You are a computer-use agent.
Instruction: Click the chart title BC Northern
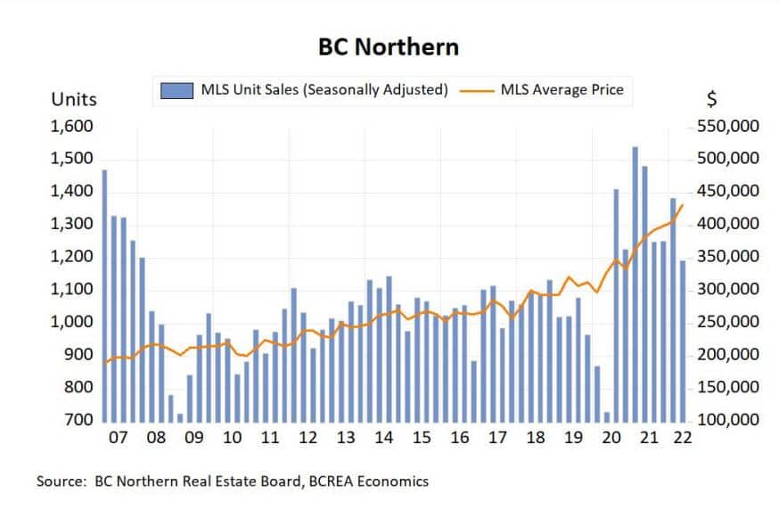point(389,45)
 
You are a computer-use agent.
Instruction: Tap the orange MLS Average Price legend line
point(480,90)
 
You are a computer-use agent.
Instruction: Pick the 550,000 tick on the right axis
point(726,127)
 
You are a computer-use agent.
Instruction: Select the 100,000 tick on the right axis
point(726,419)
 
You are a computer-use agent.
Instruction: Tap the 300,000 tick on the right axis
point(726,289)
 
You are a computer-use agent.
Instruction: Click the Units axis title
point(74,98)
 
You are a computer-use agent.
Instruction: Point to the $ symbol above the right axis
point(710,98)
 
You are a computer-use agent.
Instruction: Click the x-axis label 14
point(384,439)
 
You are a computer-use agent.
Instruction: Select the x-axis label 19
point(574,439)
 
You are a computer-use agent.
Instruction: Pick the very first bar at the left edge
point(104,294)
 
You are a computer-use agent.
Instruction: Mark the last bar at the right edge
point(684,340)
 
